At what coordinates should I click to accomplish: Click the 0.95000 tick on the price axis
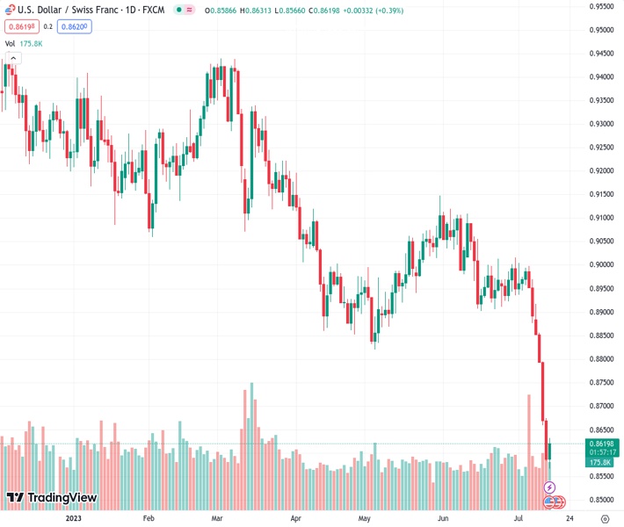(600, 30)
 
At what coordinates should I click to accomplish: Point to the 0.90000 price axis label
(600, 264)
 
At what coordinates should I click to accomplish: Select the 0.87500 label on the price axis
(600, 382)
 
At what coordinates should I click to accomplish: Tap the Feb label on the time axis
(148, 519)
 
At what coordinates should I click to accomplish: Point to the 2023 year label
(73, 519)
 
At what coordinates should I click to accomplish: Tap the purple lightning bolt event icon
(550, 487)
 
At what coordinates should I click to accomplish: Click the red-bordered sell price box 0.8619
(20, 26)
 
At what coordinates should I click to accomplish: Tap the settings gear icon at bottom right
(603, 519)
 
